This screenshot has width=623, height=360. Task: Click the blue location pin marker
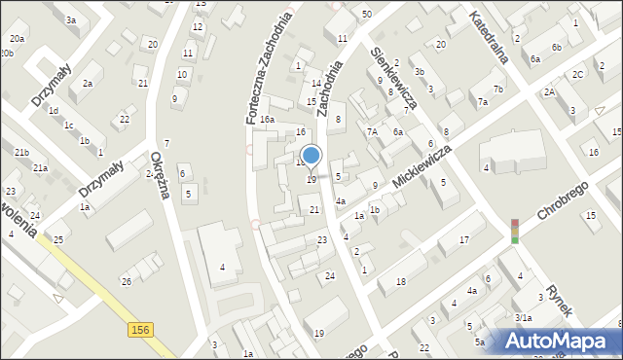(311, 156)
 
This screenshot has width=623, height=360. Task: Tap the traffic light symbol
(515, 230)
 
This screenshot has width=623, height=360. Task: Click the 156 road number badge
(139, 331)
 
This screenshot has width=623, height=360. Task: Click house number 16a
(267, 120)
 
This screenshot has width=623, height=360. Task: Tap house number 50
(366, 14)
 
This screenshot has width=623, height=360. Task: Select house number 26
(126, 281)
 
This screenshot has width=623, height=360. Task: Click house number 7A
(372, 131)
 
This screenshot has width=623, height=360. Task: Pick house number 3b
(419, 72)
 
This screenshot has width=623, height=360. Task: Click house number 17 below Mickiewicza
(465, 239)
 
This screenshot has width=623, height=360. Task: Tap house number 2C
(578, 74)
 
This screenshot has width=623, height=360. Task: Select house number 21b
(21, 153)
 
